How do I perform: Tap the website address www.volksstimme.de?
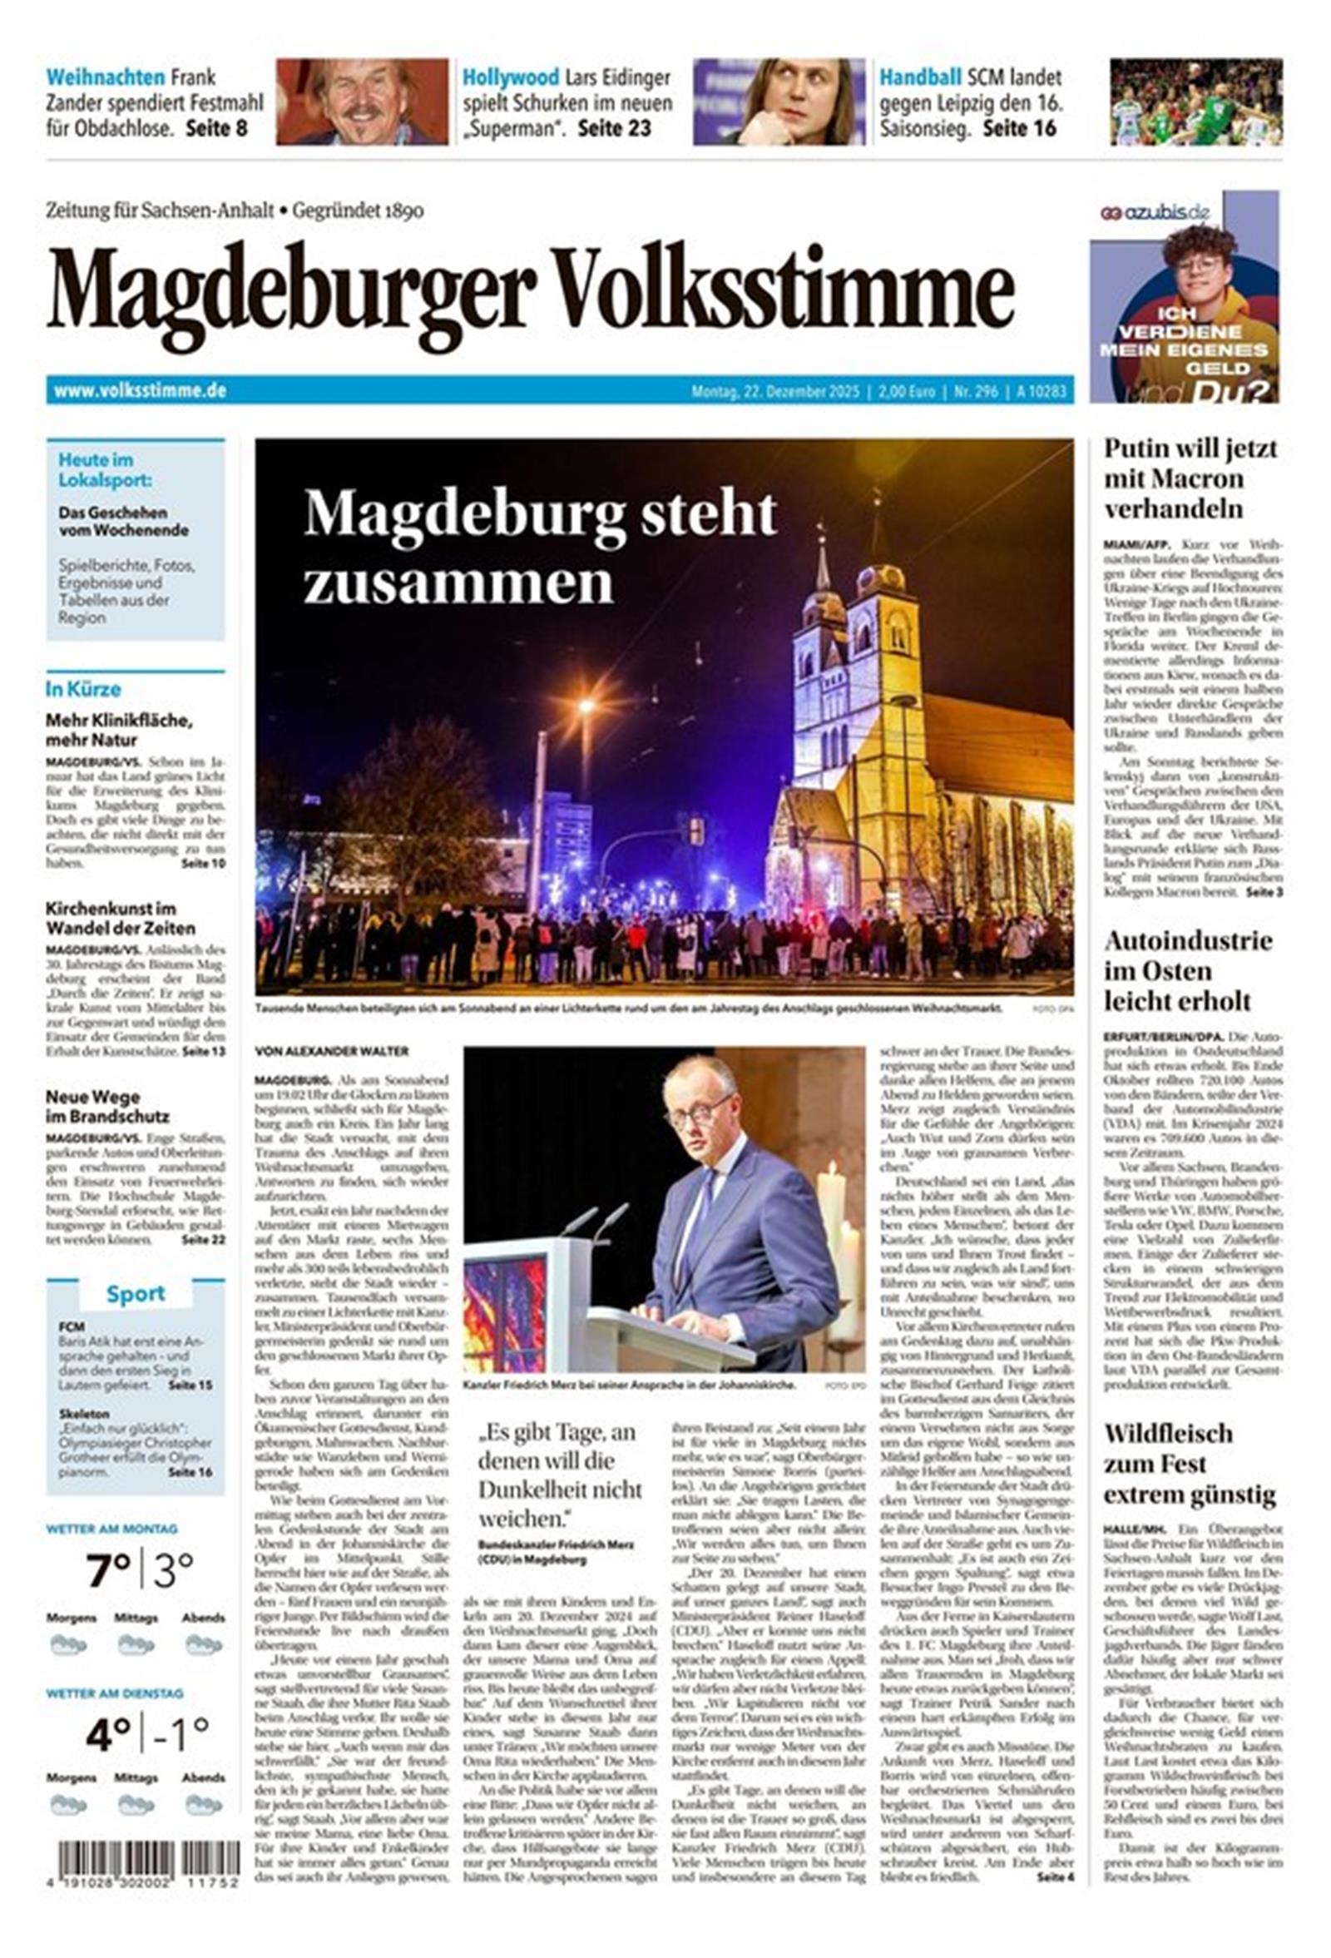click(140, 391)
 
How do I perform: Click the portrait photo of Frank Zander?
click(361, 101)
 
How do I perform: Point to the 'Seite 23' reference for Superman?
click(614, 129)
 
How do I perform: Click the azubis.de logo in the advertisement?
click(1154, 212)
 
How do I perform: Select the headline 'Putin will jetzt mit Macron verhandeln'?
click(1190, 478)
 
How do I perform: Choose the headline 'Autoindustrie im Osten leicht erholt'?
click(1189, 970)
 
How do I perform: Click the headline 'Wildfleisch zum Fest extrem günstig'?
click(1189, 1465)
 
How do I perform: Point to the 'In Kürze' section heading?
click(82, 689)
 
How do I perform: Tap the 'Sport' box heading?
click(135, 1294)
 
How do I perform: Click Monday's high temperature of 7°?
click(109, 1571)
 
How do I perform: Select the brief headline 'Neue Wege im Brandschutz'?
click(107, 1106)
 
